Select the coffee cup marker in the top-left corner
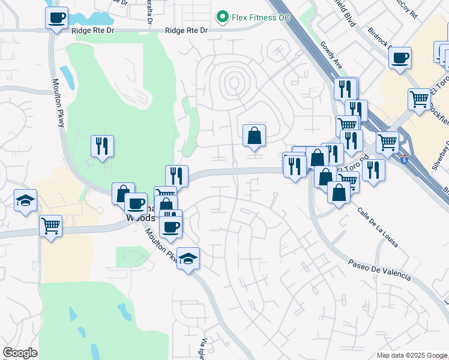pos(56,18)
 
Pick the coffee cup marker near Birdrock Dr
pos(400,58)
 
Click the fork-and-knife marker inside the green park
pos(102,146)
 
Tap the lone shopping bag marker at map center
pos(255,136)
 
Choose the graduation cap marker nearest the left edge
pos(26,200)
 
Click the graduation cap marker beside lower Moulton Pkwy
pos(188,259)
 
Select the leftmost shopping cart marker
pos(51,226)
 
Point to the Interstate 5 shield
pos(405,160)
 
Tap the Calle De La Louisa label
pos(378,227)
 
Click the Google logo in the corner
pos(20,352)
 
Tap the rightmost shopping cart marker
pos(419,98)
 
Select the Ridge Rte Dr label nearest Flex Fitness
pos(186,30)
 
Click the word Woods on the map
pos(140,218)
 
